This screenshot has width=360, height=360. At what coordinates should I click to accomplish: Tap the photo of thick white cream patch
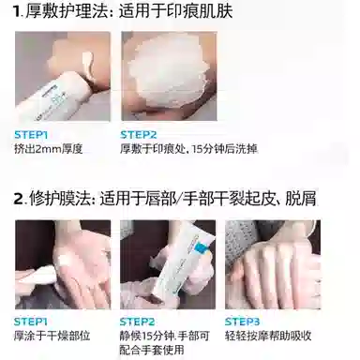click(x=165, y=79)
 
